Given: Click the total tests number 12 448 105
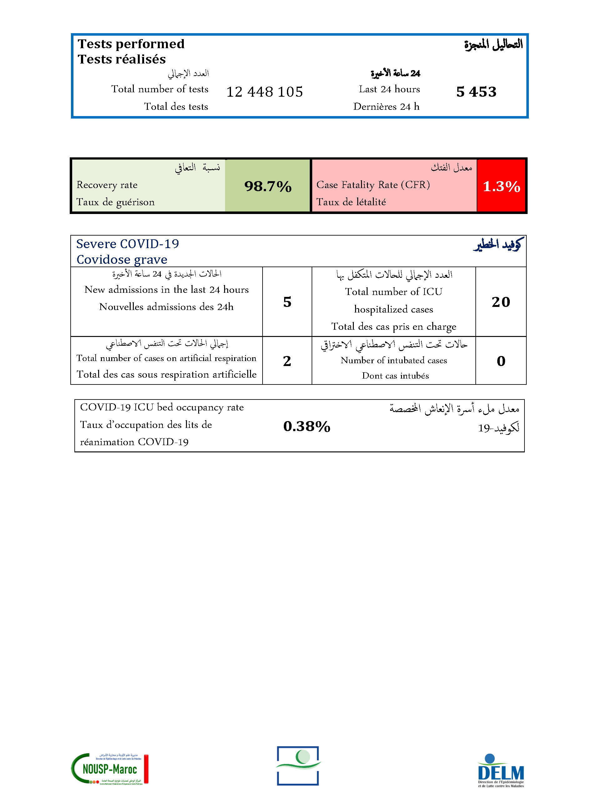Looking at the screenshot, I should point(265,92).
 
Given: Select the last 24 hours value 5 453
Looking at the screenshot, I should point(476,92).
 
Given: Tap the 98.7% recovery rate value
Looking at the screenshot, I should point(268,186).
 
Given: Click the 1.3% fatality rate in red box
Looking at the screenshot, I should point(501,186).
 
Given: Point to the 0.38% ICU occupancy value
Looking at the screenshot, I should point(307,426).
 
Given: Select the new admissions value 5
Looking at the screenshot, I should point(287,302).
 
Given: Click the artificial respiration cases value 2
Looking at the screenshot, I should point(287,361).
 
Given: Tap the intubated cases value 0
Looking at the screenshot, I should point(501,361).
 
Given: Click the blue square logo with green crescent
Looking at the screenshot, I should point(298,766).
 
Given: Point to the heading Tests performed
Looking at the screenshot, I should point(131,44).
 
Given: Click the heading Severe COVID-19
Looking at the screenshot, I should point(128,244).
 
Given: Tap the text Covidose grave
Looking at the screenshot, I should point(122,259).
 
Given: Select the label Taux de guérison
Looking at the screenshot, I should point(115,202).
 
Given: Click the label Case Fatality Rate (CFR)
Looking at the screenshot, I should point(373,185).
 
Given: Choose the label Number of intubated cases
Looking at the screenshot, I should point(394,360).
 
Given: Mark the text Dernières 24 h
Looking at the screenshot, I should point(386,107).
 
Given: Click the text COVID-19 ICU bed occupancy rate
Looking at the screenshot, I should point(162,407).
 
